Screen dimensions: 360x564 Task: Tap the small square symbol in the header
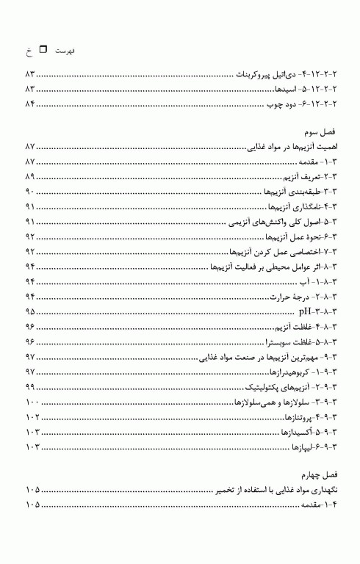42,50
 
